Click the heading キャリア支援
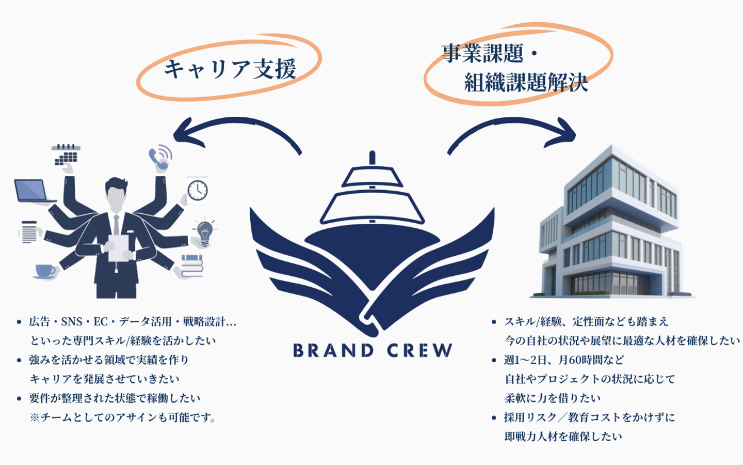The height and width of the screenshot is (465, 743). (230, 69)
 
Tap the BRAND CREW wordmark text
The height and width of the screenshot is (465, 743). (372, 351)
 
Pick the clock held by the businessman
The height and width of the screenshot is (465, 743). (197, 190)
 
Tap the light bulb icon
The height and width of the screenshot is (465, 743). (205, 232)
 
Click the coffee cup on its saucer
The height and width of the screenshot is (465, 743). (45, 270)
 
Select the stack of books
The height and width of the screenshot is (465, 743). (192, 264)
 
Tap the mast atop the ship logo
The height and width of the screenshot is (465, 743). (372, 158)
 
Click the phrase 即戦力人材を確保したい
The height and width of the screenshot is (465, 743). (563, 437)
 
